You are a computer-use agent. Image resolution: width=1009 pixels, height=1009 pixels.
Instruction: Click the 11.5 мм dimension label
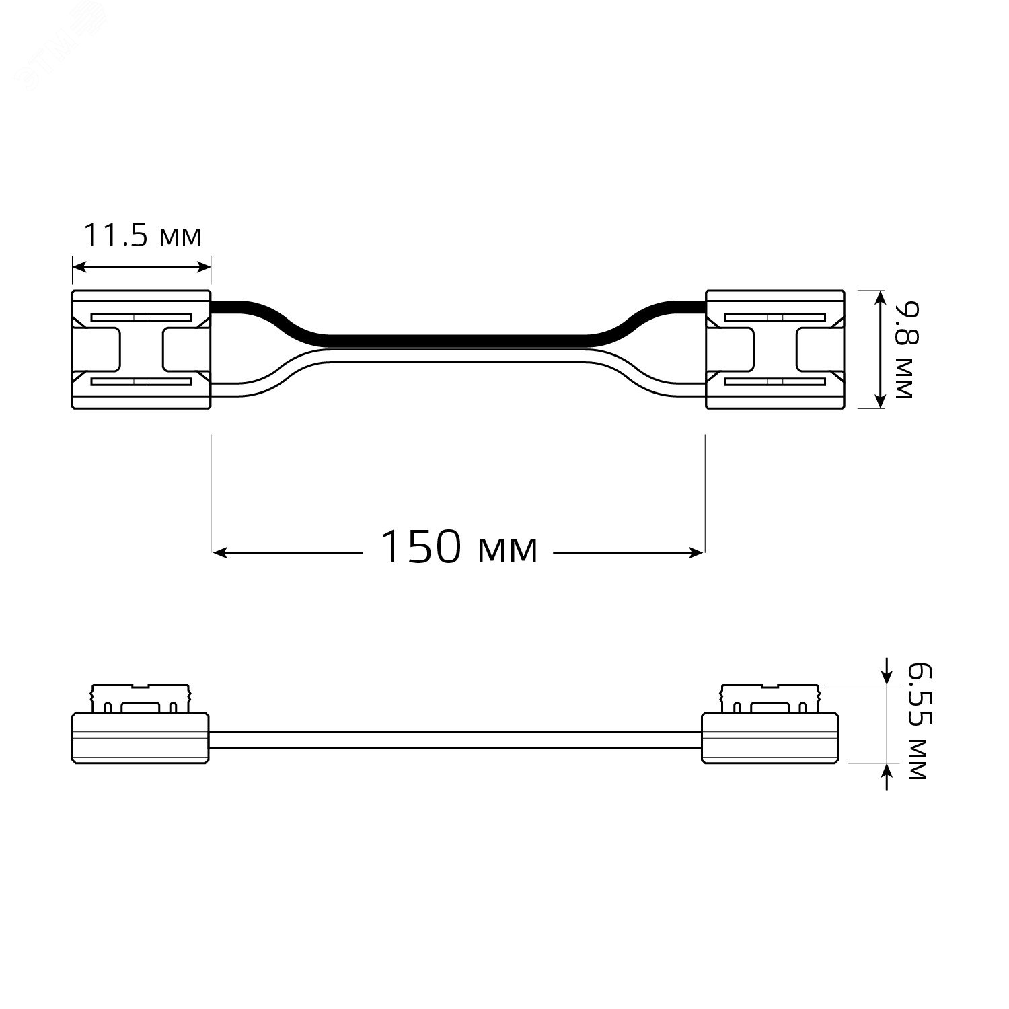click(x=142, y=236)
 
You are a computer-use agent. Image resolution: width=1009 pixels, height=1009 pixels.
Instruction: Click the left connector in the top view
click(x=141, y=349)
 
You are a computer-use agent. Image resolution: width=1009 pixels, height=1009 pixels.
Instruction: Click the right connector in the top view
click(x=774, y=349)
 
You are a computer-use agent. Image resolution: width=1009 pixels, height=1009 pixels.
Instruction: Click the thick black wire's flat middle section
click(x=457, y=340)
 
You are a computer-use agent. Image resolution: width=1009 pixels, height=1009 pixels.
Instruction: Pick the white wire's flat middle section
click(x=457, y=358)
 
